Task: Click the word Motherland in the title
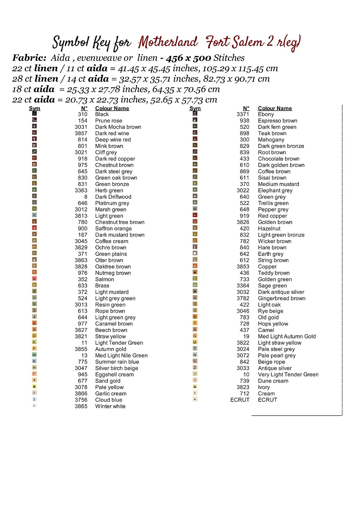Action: (x=168, y=42)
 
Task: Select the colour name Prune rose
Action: (x=109, y=121)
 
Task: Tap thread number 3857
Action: (x=81, y=133)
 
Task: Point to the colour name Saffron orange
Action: (x=113, y=229)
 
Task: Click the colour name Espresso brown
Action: (x=277, y=121)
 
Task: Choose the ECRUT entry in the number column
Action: (x=240, y=400)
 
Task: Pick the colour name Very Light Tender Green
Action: (x=288, y=375)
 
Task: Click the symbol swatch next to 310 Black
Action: (x=34, y=114)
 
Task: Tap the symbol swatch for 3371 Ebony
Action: (x=195, y=114)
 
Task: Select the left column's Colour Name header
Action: (x=112, y=109)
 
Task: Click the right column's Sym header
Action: (x=195, y=109)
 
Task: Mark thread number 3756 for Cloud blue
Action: (x=81, y=400)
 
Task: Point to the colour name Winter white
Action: (x=110, y=407)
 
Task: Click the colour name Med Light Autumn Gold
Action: (x=287, y=337)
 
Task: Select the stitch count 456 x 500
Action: (x=188, y=58)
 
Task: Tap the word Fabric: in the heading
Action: (x=29, y=58)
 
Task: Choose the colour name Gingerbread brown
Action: (x=282, y=299)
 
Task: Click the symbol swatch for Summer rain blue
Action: (x=34, y=361)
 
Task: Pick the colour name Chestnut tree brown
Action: (x=120, y=222)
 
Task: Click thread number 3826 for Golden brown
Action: (x=243, y=222)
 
